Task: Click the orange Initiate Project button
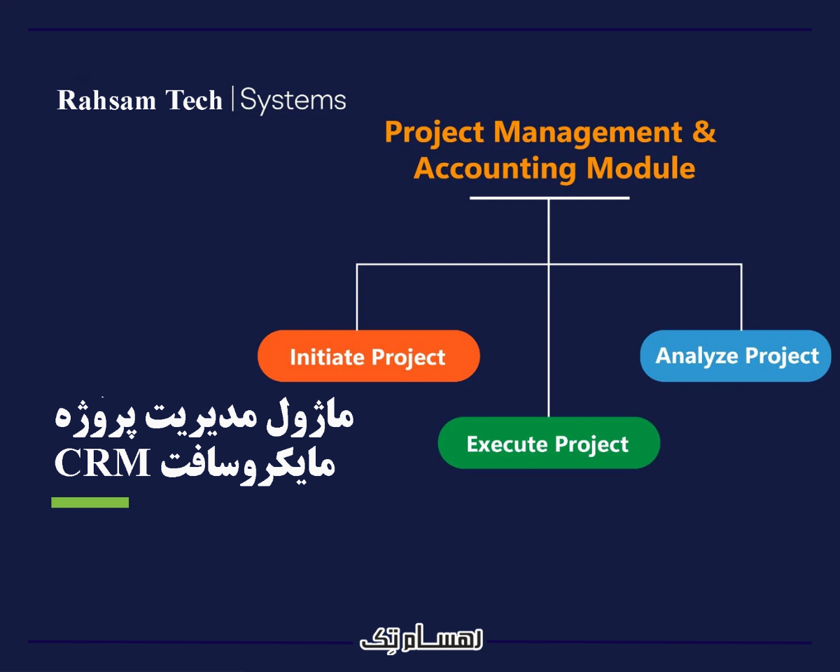tap(368, 356)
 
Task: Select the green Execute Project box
tap(548, 443)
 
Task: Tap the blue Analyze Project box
tap(736, 356)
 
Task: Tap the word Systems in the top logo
tap(293, 100)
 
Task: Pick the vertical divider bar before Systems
tap(232, 99)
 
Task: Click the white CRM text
tap(103, 463)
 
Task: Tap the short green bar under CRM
tap(90, 502)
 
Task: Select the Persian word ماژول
tap(320, 418)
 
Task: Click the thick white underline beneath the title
tap(549, 198)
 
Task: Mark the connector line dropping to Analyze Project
tap(741, 297)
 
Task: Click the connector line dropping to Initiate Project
tap(357, 297)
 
